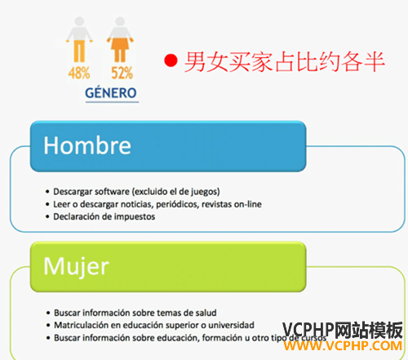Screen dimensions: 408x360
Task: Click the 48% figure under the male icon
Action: [x=79, y=73]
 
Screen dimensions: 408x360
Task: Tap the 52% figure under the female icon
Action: [x=122, y=73]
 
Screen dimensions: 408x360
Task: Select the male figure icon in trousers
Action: [x=79, y=39]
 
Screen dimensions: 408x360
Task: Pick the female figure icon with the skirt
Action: [x=120, y=39]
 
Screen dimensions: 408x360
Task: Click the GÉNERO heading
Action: [x=111, y=93]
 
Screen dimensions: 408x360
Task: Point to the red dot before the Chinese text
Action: [x=171, y=60]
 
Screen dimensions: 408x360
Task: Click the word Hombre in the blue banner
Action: [x=87, y=145]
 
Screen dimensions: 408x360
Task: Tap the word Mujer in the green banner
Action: [x=76, y=266]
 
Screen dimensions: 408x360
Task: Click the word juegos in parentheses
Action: [x=207, y=192]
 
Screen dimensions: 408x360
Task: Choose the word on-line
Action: [x=248, y=204]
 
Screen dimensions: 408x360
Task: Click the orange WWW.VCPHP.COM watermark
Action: [x=343, y=346]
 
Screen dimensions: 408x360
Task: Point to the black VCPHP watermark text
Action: [x=308, y=330]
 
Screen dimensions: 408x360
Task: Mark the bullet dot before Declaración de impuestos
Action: [x=47, y=217]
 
